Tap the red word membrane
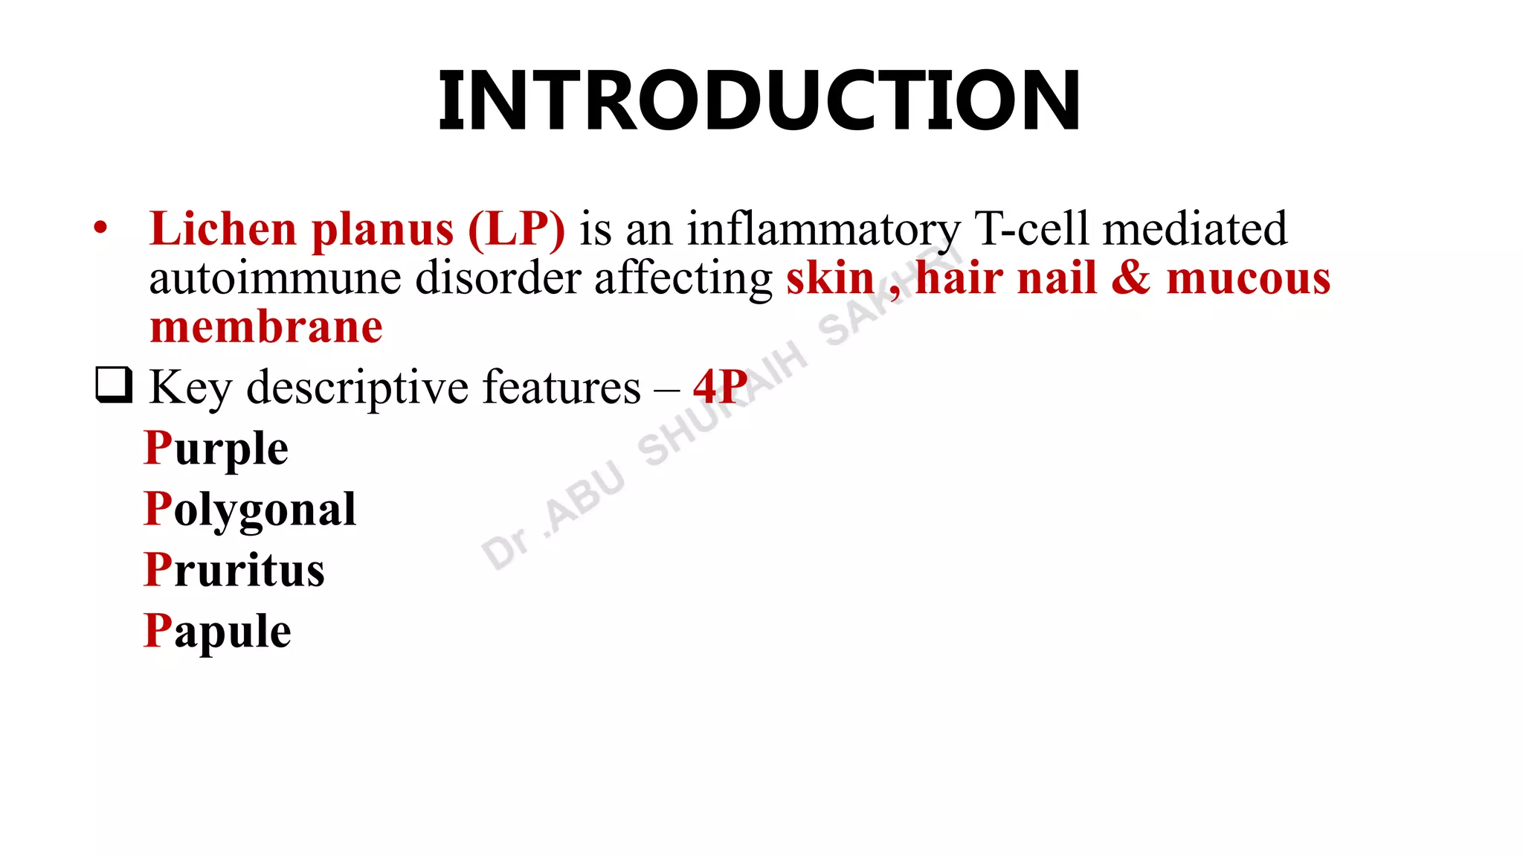[266, 327]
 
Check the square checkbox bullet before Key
[114, 385]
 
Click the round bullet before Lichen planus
[100, 228]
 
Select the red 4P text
[720, 386]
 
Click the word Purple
[216, 449]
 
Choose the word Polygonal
[250, 511]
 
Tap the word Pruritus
[234, 571]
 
